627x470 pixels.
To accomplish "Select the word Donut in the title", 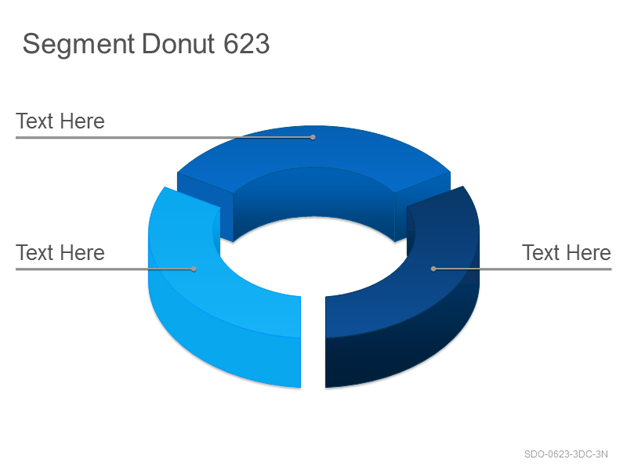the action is coord(179,44).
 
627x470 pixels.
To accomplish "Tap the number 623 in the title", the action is coord(246,44).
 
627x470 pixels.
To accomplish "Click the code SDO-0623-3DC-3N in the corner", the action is coord(566,454).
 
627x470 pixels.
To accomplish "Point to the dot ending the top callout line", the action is coord(313,138).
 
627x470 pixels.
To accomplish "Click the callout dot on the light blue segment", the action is coord(194,269).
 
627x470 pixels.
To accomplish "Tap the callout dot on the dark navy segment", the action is coord(433,269).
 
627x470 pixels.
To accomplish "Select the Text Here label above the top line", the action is coord(60,121).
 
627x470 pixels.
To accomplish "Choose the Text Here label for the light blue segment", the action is coord(60,252).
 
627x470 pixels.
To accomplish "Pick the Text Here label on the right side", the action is coord(567,252).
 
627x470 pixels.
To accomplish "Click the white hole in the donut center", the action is coord(314,256).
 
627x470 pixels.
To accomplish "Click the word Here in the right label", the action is coord(589,252).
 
